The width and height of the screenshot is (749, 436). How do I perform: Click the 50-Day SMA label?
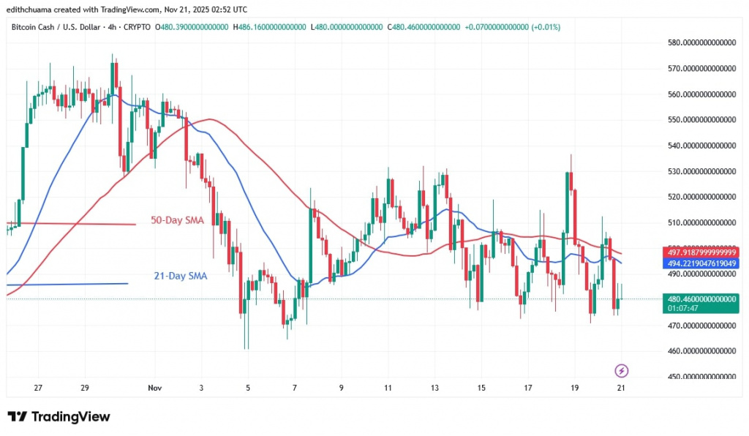tap(177, 219)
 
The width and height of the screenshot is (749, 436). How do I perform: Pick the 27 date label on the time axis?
tap(38, 388)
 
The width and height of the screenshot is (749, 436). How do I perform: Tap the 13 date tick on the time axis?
tap(434, 388)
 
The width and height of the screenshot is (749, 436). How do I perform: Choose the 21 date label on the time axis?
tap(621, 388)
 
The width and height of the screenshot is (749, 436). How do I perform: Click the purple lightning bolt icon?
tap(622, 370)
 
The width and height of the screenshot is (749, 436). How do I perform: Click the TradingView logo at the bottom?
tap(59, 416)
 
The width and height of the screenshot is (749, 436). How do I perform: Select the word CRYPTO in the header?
tap(138, 27)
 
